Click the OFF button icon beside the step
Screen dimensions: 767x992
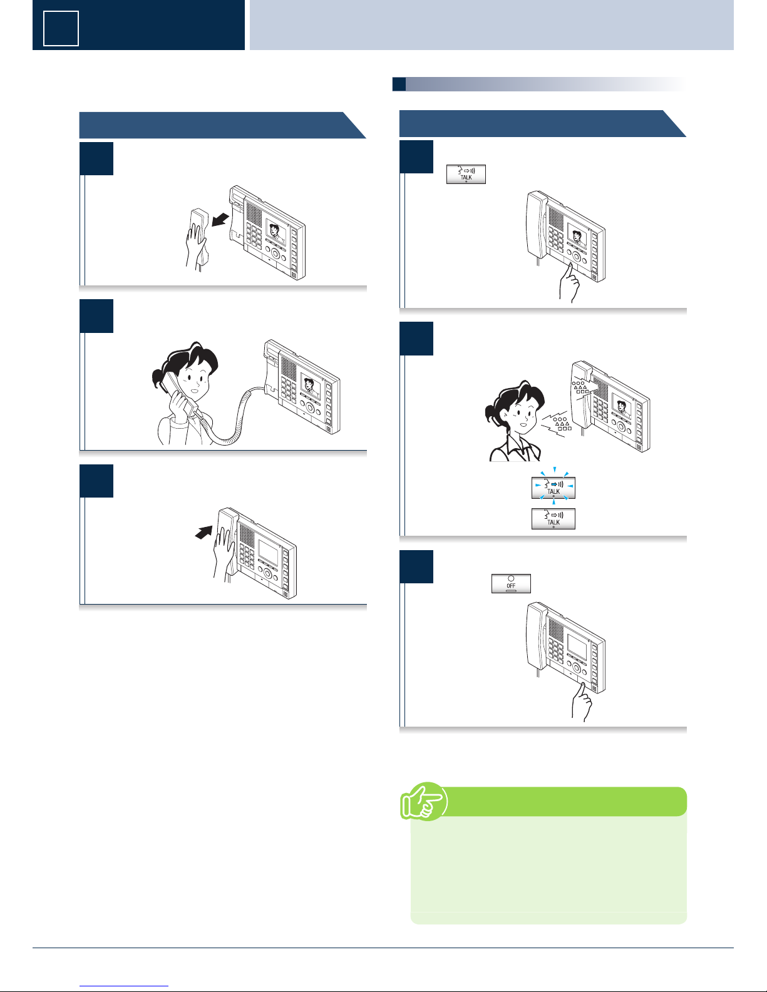[x=511, y=583]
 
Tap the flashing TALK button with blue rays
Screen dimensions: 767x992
[x=553, y=488]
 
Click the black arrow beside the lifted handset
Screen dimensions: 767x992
[x=220, y=220]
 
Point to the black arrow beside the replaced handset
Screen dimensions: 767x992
[x=203, y=532]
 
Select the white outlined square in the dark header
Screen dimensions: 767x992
[x=61, y=29]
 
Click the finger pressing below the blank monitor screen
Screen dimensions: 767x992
[x=581, y=702]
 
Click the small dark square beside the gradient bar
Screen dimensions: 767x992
[x=399, y=84]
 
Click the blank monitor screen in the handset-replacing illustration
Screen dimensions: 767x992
[x=268, y=551]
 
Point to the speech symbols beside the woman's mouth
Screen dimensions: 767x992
[x=557, y=425]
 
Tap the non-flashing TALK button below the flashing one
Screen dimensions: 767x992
[x=553, y=519]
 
